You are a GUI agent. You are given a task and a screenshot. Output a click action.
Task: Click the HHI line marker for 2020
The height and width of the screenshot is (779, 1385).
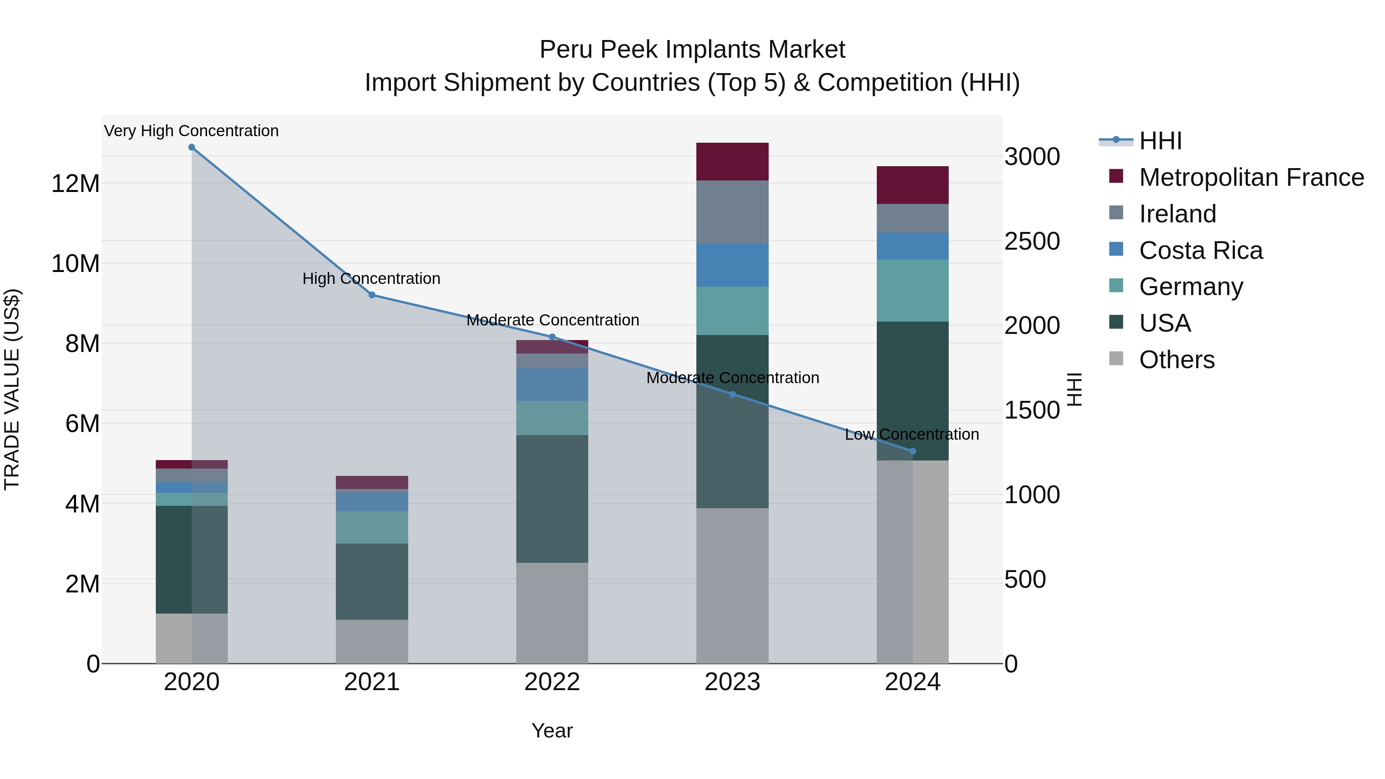tap(192, 147)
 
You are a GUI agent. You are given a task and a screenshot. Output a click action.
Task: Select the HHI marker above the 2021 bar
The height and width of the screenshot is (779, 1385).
tap(372, 295)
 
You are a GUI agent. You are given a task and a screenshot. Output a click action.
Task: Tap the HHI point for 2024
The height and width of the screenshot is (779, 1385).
tap(913, 452)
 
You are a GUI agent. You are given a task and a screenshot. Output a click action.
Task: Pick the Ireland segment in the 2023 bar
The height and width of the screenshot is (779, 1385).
tap(732, 212)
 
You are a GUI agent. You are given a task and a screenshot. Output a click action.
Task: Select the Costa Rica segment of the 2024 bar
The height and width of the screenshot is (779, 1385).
tap(913, 246)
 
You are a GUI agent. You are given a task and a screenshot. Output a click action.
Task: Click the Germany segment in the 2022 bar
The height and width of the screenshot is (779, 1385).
tap(552, 418)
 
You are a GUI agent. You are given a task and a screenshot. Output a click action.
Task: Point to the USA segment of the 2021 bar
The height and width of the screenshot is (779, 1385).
tap(372, 581)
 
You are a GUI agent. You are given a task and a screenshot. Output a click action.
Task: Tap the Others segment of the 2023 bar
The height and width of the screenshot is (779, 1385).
tap(732, 586)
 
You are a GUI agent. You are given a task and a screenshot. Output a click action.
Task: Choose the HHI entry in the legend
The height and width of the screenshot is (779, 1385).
tap(1160, 141)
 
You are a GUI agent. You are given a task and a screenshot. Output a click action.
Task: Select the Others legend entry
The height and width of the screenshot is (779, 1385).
tap(1176, 360)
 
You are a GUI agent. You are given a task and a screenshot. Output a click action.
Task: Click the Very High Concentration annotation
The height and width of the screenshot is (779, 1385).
tap(192, 131)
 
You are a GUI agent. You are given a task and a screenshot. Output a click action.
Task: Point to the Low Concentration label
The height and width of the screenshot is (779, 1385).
tap(912, 434)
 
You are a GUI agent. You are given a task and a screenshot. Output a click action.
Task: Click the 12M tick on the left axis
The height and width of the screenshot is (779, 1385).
tap(75, 184)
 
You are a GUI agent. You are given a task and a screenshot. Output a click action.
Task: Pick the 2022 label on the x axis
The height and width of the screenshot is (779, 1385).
tap(552, 682)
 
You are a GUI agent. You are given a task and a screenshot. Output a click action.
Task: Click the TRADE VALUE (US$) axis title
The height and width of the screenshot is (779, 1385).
tap(12, 389)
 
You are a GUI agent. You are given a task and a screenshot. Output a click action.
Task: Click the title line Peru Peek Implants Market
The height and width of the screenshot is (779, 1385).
tap(692, 50)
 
